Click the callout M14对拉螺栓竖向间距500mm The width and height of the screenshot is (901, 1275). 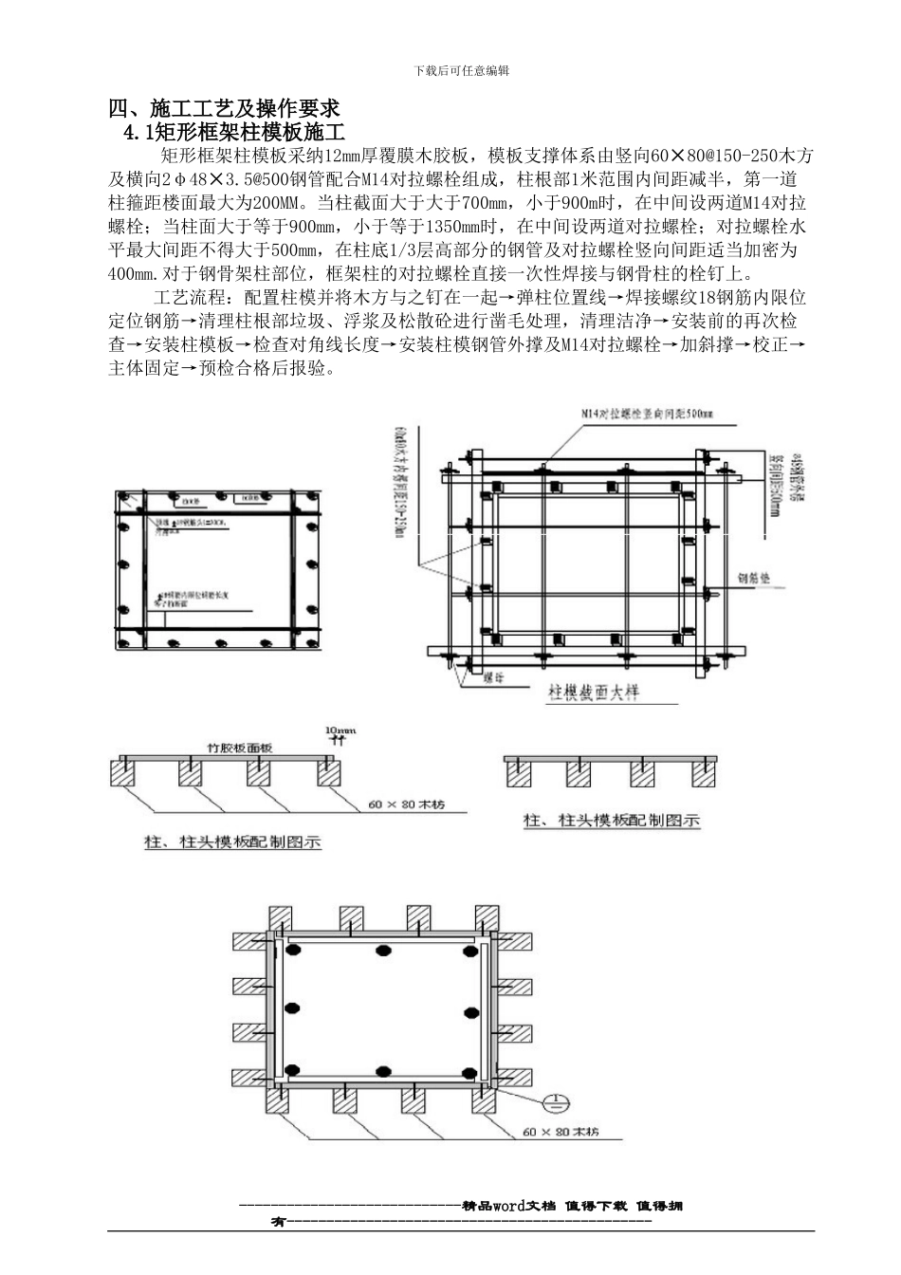[647, 414]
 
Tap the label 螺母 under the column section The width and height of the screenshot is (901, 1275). [492, 678]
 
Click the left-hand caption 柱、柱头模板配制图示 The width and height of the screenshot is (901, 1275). [231, 841]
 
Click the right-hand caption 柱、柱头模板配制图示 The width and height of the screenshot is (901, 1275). [612, 821]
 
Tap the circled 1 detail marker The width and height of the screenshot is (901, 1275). [554, 1103]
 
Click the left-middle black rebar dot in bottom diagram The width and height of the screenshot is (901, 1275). [294, 1007]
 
